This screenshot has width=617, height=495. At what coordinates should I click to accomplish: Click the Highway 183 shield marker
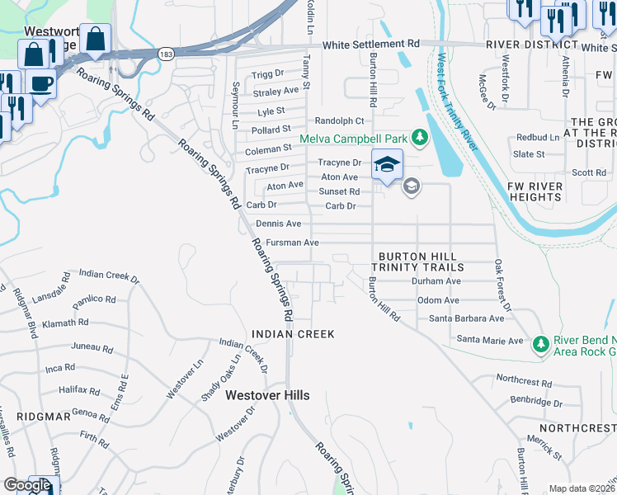click(167, 53)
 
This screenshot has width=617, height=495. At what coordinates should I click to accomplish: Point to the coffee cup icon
click(41, 82)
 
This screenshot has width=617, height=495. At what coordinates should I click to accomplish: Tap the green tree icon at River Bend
click(540, 342)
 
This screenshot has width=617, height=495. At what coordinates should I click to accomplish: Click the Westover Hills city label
click(268, 396)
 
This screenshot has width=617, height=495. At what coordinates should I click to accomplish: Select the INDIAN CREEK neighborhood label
click(293, 334)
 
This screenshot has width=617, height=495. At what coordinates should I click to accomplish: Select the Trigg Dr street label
click(267, 74)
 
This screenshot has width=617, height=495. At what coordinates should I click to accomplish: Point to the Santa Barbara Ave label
click(466, 318)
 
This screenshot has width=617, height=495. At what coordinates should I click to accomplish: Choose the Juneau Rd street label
click(92, 347)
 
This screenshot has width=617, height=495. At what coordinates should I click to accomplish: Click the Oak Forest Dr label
click(502, 285)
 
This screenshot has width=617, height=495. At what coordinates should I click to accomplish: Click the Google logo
click(27, 485)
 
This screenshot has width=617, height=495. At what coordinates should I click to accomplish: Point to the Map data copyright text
click(582, 488)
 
